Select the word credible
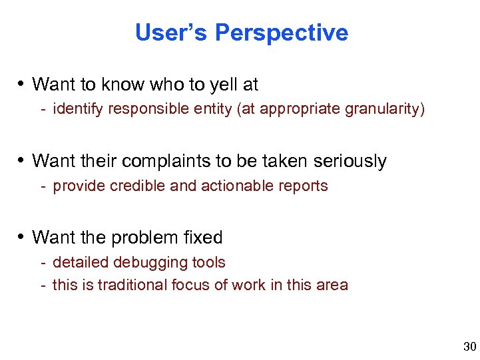(x=140, y=186)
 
